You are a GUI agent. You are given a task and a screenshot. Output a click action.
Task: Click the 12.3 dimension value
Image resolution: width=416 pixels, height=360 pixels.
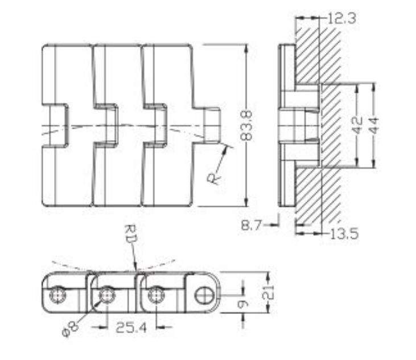coord(341,19)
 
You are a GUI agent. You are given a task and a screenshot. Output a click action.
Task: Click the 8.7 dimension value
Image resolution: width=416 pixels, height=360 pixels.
coord(252,226)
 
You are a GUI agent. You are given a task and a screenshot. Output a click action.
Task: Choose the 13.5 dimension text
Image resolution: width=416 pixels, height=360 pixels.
coord(345,234)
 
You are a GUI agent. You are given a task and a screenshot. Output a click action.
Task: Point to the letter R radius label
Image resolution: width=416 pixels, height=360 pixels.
coord(214,177)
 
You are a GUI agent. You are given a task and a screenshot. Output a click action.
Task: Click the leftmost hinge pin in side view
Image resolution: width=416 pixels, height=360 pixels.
coord(57,295)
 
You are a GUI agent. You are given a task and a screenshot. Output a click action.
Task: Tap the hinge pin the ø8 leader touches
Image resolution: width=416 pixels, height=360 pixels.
coord(106,295)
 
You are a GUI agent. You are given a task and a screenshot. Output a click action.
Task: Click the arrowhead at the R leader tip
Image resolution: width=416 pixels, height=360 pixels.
coord(229,149)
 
